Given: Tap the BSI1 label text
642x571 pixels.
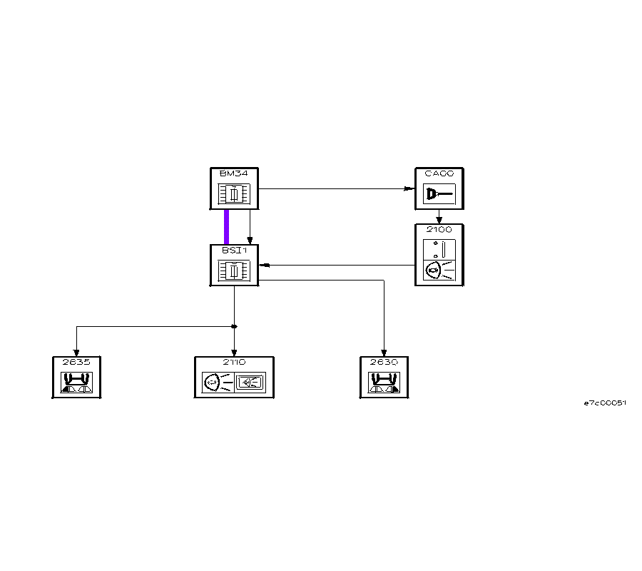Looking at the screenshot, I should [230, 250].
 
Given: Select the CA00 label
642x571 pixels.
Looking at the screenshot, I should [439, 173].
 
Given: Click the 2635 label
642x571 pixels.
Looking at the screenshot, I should [76, 362].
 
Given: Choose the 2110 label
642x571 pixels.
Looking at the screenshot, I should [233, 362].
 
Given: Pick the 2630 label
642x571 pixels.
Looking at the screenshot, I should [384, 362].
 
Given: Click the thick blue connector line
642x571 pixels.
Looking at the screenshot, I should [227, 227].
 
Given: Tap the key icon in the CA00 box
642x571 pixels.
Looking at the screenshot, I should [438, 193].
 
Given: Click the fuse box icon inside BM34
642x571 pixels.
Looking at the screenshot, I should [234, 194].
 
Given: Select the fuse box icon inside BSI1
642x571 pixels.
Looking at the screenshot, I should [234, 271].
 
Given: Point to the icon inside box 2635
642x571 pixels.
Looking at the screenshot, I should [77, 383].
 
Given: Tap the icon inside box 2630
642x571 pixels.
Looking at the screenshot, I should [384, 383].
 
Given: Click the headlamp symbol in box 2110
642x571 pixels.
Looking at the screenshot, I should [215, 383].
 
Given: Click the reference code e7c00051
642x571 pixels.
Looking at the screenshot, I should [605, 403].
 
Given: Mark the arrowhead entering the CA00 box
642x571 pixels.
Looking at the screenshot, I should [409, 189].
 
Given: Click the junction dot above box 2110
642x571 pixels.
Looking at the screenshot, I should [234, 327].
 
